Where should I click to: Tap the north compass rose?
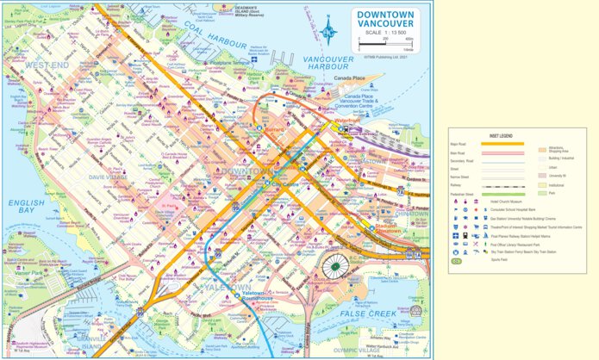point(328,32)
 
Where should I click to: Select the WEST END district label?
point(47,65)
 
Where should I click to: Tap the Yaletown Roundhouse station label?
point(254,297)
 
